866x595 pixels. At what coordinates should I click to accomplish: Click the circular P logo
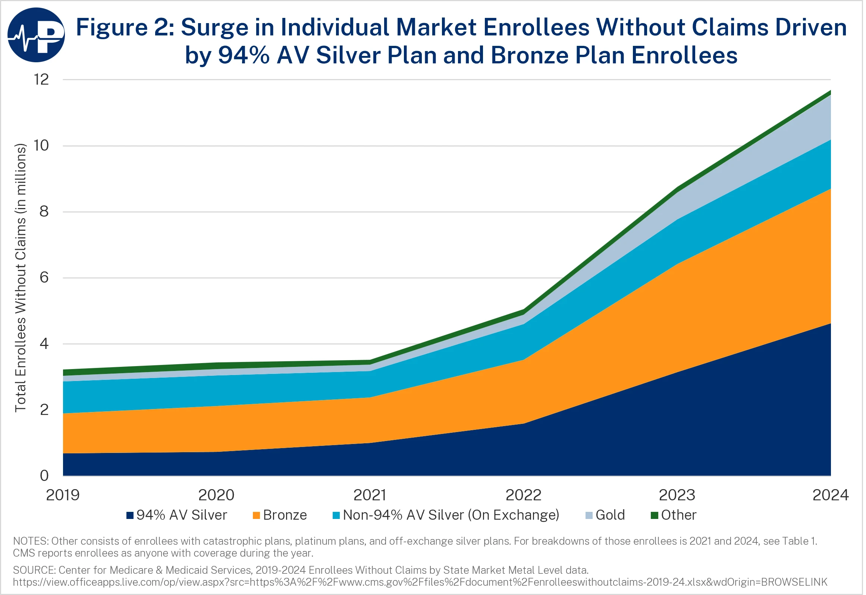[36, 35]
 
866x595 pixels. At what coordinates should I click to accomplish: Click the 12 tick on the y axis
[41, 79]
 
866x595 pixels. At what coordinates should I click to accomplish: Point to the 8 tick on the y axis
[44, 211]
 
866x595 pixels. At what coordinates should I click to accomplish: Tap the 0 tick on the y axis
[44, 475]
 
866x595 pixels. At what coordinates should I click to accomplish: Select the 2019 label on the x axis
[63, 495]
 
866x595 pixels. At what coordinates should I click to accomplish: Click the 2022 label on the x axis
[523, 495]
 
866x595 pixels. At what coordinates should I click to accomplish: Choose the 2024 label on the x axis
[830, 495]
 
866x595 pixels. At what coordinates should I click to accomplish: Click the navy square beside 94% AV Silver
[130, 515]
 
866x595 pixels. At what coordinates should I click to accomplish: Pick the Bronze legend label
[285, 515]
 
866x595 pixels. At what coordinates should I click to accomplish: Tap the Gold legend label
[610, 515]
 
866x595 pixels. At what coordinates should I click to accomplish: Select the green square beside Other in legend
[654, 515]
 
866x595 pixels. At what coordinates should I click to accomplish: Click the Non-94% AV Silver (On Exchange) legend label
[451, 515]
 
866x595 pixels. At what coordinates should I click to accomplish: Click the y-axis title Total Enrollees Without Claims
[21, 278]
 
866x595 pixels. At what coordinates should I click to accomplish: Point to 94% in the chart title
[244, 55]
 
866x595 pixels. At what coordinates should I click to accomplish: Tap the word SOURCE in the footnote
[33, 570]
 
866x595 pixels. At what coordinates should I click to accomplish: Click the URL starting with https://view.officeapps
[420, 582]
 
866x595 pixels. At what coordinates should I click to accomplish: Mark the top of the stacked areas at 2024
[830, 91]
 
